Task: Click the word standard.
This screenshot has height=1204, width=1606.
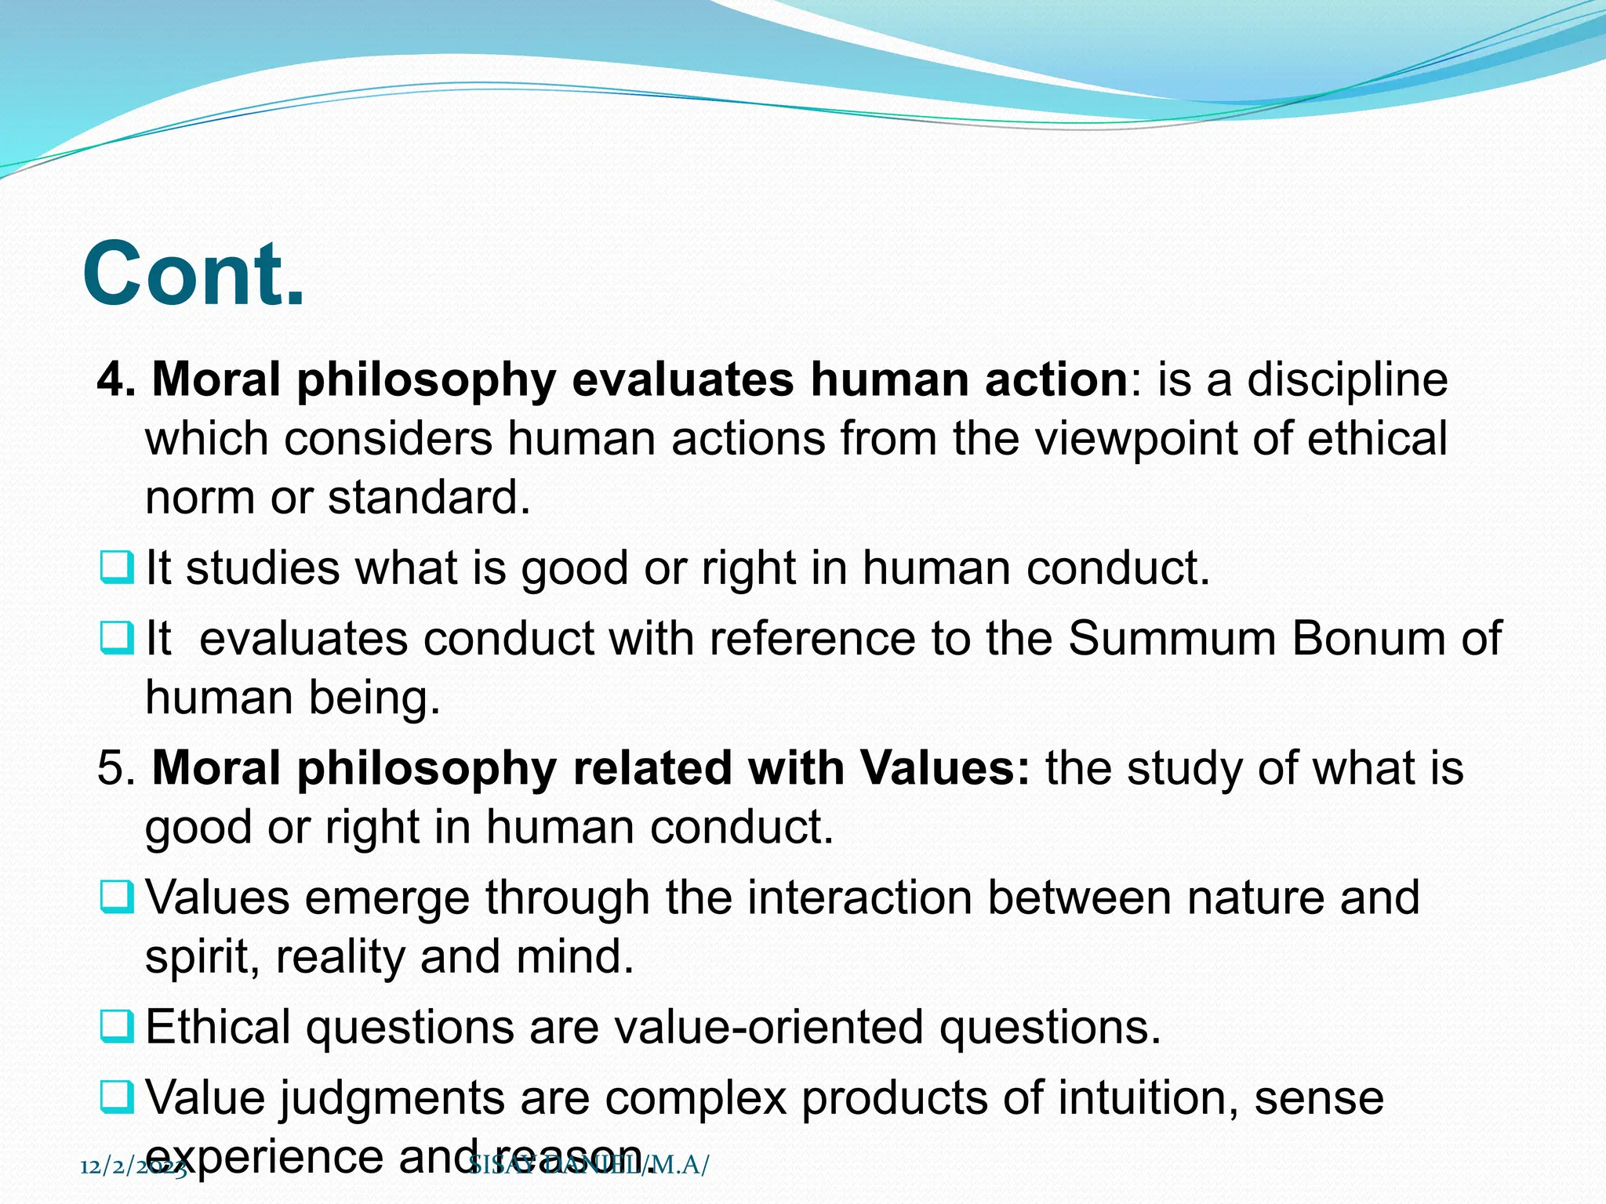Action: coord(429,497)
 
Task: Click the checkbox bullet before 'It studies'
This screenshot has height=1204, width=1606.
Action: coord(117,568)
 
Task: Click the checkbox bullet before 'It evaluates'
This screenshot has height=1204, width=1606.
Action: coord(117,638)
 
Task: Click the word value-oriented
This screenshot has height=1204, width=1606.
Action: coord(768,1027)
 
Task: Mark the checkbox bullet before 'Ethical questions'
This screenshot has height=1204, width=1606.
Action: coord(117,1026)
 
